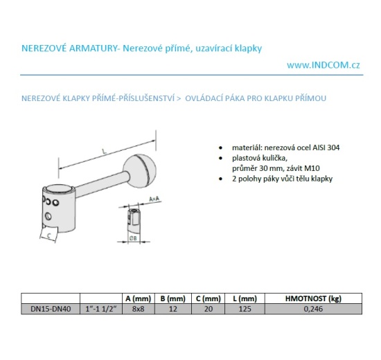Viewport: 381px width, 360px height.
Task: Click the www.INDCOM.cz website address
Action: tap(324, 65)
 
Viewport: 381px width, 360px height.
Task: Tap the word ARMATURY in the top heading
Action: tap(94, 48)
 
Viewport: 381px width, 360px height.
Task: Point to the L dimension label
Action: tap(104, 152)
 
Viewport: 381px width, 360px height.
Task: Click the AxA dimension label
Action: tap(154, 199)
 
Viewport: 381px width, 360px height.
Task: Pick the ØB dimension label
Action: tap(133, 238)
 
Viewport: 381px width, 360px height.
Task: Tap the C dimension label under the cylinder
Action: tap(49, 235)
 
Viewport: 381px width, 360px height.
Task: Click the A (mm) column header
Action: tap(139, 298)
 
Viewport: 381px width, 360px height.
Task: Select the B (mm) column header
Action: tap(173, 298)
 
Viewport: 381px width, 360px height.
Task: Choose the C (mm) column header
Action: tap(209, 298)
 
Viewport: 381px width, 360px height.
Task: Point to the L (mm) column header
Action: tap(245, 298)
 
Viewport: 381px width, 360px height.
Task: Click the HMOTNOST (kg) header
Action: tap(313, 298)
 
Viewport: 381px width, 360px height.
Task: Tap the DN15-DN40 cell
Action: tap(51, 309)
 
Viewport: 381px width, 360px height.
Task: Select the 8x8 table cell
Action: tap(139, 309)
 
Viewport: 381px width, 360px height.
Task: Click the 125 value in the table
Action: tap(245, 309)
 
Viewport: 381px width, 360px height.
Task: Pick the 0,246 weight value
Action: tap(313, 309)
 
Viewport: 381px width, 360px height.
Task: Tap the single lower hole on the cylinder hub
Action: tap(48, 216)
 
